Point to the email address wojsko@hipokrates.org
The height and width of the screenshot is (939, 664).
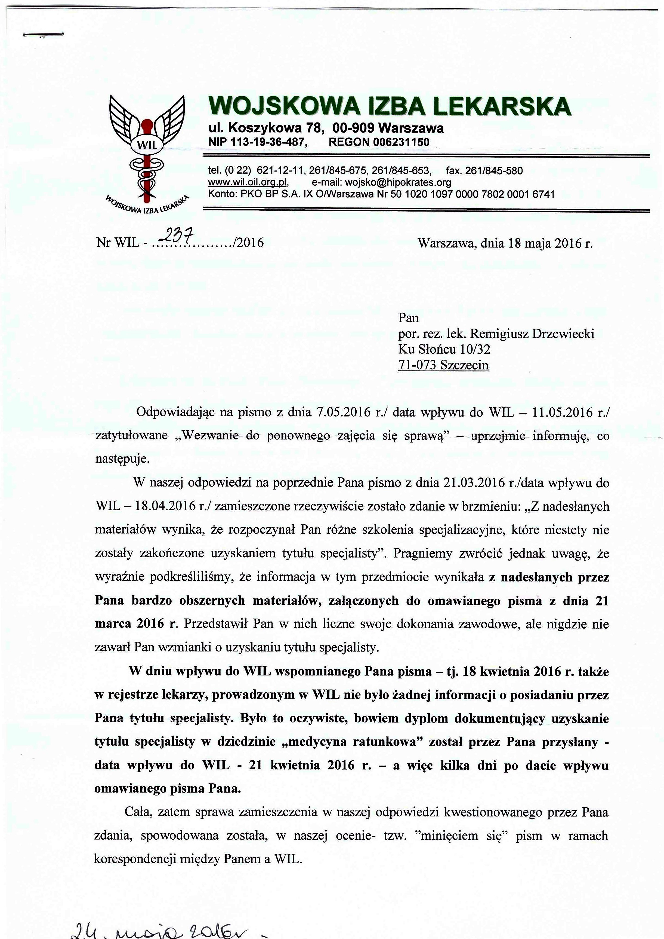(x=398, y=182)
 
